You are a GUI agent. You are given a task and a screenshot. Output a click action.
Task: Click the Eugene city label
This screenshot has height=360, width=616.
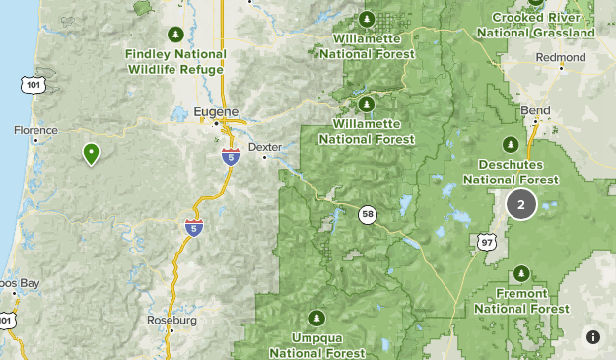[216, 111]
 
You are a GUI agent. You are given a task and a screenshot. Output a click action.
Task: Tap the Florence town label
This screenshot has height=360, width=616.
[36, 130]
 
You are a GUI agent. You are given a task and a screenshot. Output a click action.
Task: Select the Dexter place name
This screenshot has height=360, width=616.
[264, 146]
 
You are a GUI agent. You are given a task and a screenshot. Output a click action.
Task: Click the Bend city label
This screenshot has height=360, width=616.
[536, 109]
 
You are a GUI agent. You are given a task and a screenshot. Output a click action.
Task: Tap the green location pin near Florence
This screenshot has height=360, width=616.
[91, 153]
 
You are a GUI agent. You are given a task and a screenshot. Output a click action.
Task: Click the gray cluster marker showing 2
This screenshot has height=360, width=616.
[521, 204]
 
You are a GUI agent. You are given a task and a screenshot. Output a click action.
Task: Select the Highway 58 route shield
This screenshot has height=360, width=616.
[367, 214]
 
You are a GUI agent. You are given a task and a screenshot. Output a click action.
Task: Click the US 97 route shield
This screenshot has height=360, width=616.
[485, 241]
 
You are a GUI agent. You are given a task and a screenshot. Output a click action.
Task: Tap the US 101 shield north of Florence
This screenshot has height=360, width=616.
[34, 86]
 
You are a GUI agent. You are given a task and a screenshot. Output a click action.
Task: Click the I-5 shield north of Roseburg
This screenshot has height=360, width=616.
[193, 227]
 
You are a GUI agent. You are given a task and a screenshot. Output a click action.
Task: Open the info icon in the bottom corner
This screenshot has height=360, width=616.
[593, 337]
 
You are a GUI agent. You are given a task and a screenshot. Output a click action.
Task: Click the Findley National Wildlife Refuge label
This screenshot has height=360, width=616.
[175, 61]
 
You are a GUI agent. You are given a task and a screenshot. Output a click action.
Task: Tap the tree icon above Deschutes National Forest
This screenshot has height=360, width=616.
[512, 143]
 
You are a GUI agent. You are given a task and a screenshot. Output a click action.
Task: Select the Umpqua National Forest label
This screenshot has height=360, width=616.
[316, 345]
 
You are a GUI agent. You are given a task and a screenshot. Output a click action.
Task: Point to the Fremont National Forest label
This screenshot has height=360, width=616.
[521, 302]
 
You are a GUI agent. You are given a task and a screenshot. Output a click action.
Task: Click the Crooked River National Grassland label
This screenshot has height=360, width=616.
[535, 25]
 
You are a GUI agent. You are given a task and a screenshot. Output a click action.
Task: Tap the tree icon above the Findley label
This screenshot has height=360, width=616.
[176, 32]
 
